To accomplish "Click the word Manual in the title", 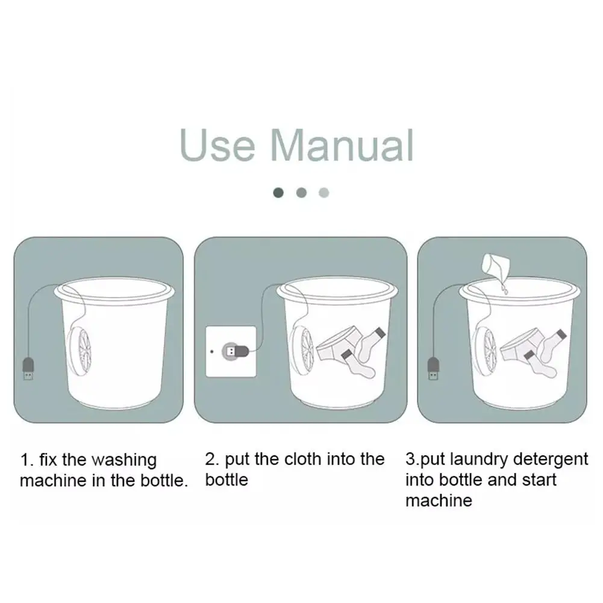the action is pyautogui.click(x=342, y=145).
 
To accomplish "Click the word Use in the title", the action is pyautogui.click(x=217, y=145).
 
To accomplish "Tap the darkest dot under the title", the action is pyautogui.click(x=278, y=192).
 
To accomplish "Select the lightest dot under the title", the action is pyautogui.click(x=324, y=192).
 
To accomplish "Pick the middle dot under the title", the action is pyautogui.click(x=301, y=192).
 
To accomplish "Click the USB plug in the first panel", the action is pyautogui.click(x=28, y=369).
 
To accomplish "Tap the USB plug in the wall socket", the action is pyautogui.click(x=236, y=351).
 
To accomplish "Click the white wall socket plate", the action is pyautogui.click(x=231, y=351).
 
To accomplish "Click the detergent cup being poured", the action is pyautogui.click(x=496, y=265).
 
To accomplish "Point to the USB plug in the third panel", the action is pyautogui.click(x=433, y=369).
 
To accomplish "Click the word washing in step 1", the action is pyautogui.click(x=124, y=460).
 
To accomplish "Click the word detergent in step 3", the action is pyautogui.click(x=551, y=459).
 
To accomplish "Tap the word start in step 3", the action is pyautogui.click(x=539, y=480).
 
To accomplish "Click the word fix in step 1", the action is pyautogui.click(x=48, y=460).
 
